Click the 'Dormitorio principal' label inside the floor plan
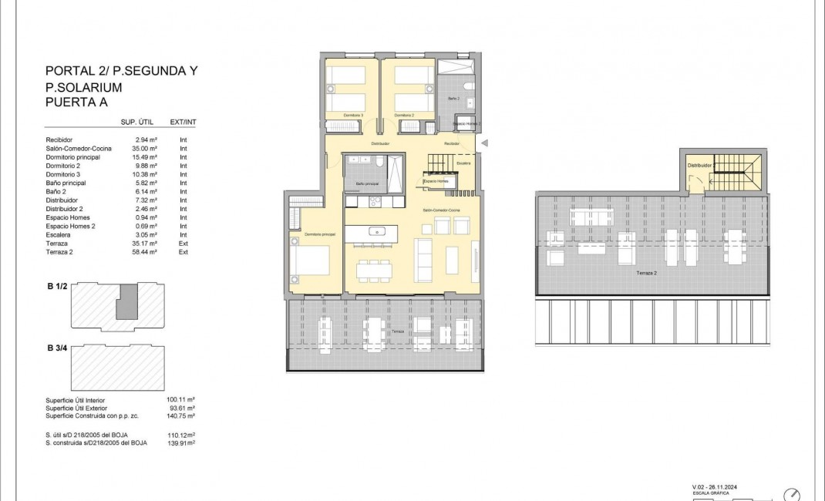pos(319,234)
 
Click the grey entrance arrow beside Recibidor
pos(484,143)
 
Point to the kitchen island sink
pos(377,231)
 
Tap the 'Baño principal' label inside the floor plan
pos(367,183)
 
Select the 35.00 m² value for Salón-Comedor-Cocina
pos(145,147)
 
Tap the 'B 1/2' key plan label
pos(59,287)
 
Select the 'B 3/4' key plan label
pos(59,348)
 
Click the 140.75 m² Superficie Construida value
pos(180,415)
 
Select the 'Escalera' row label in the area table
pos(59,234)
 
